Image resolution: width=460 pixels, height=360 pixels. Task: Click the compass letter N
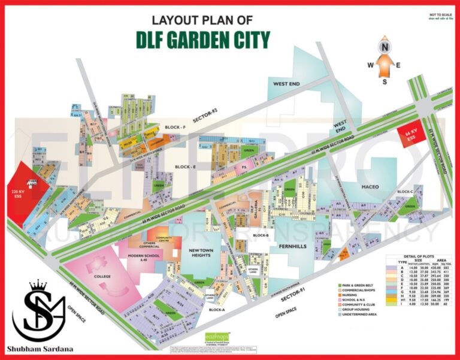pyautogui.click(x=386, y=44)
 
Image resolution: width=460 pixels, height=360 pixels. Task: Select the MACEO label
pyautogui.click(x=371, y=187)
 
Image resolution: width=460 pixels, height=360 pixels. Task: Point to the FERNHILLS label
pyautogui.click(x=292, y=244)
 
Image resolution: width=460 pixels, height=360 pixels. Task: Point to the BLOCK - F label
pyautogui.click(x=177, y=128)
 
